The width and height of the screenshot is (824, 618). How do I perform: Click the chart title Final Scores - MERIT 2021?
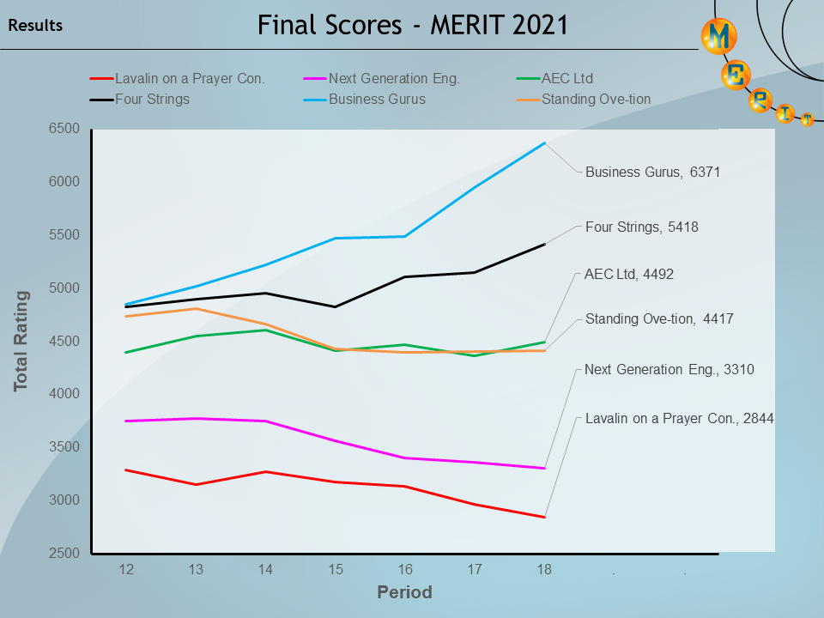413,25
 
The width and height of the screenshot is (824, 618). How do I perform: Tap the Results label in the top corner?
35,26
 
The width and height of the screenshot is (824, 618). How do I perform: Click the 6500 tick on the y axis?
63,129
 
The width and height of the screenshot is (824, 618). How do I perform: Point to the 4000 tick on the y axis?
63,394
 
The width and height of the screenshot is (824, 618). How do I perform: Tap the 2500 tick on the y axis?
63,553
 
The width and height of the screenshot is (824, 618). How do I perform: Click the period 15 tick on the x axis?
336,569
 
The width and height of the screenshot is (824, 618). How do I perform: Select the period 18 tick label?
544,569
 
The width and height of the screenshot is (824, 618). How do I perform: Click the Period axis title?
404,592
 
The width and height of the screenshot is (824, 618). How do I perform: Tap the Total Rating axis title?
21,341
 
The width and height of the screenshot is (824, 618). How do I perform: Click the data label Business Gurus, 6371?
652,172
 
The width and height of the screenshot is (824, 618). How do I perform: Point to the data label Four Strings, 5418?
641,227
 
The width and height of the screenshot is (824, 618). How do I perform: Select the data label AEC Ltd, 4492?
628,275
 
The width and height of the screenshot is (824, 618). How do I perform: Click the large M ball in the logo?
719,35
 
